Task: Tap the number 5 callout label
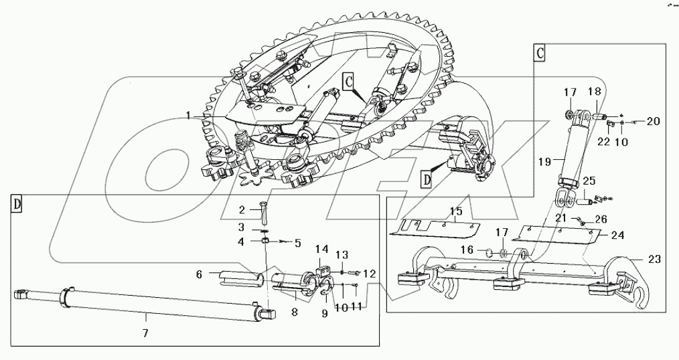tap(299, 242)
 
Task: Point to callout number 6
tap(200, 274)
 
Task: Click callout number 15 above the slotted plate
tap(455, 211)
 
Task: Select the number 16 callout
tap(467, 250)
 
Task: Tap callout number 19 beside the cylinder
tap(543, 161)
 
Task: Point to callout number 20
tap(652, 121)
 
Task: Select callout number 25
tap(588, 181)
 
